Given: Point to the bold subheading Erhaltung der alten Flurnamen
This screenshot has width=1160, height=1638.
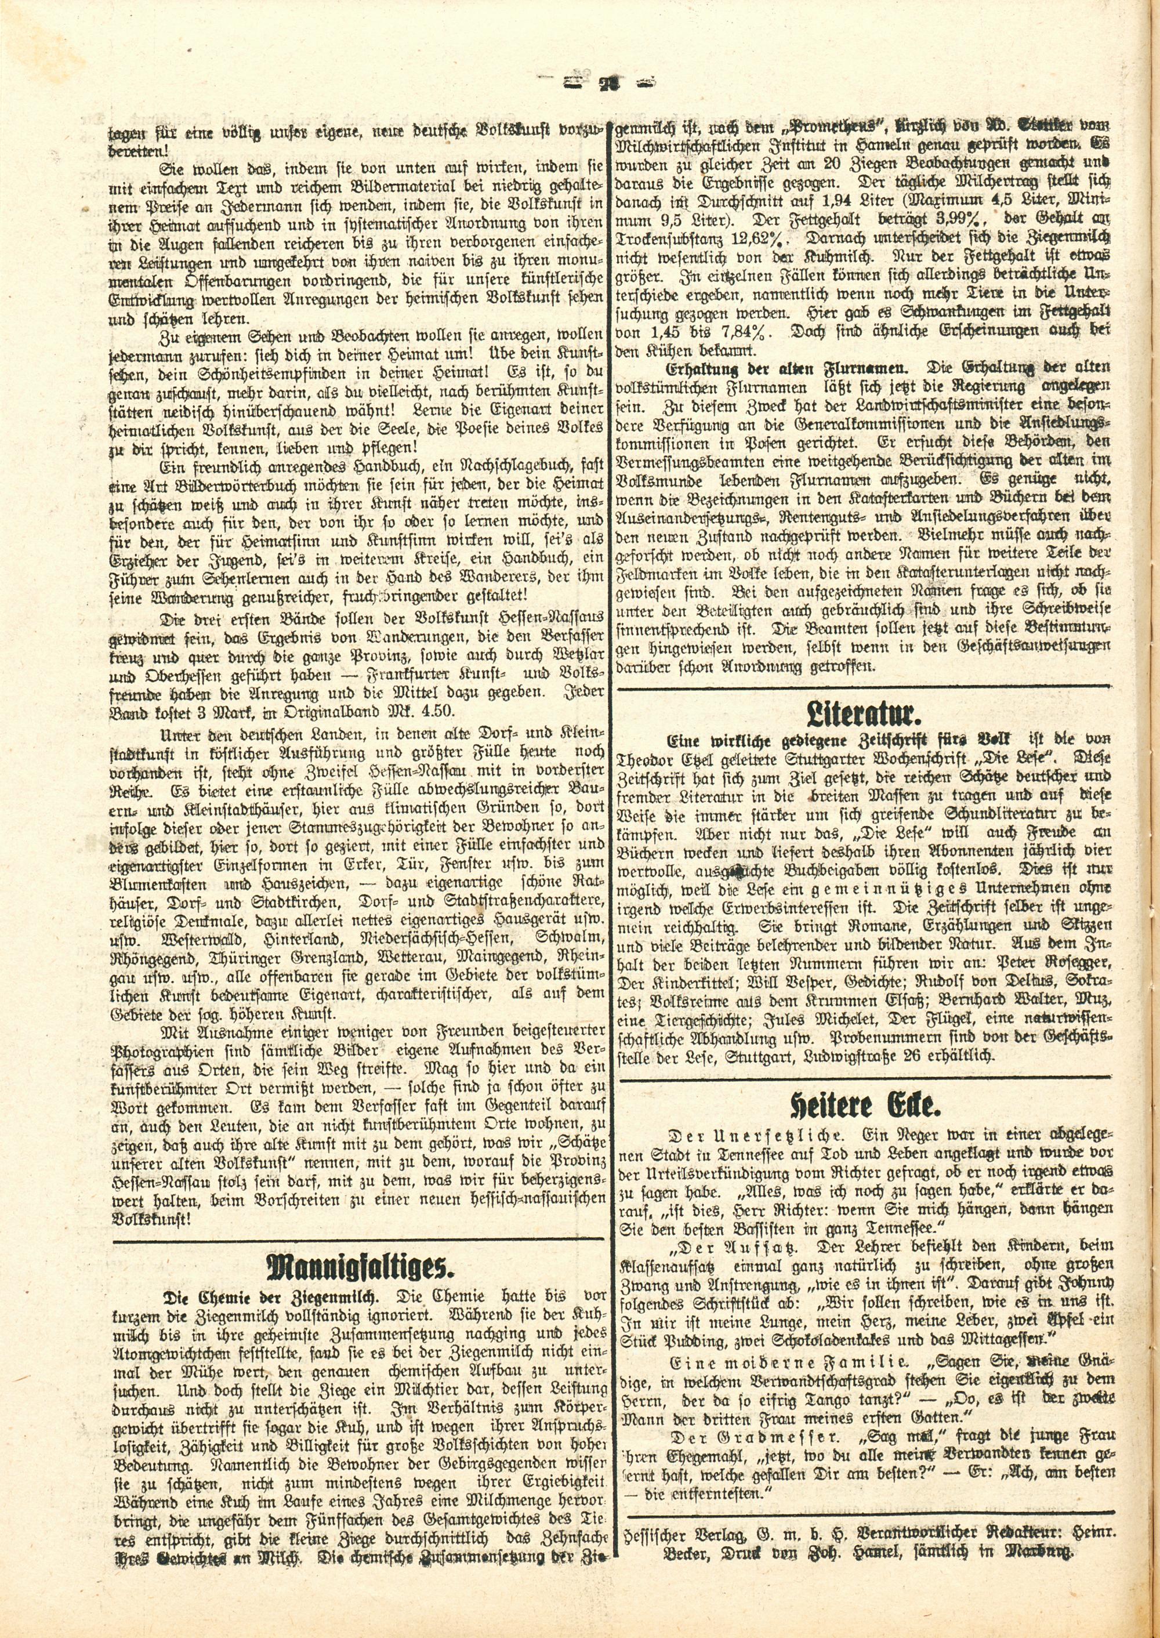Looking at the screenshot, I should (x=786, y=368).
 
